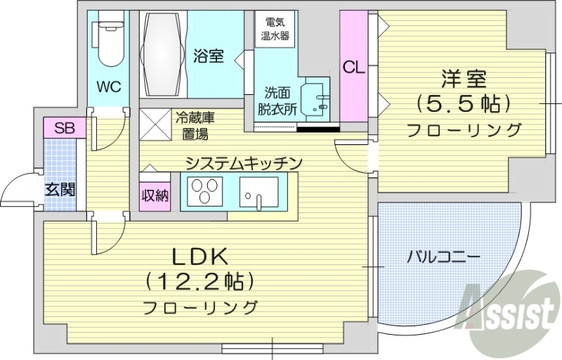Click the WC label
click(x=109, y=87)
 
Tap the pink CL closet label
click(x=353, y=67)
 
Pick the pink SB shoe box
click(x=65, y=128)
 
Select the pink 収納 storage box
click(x=155, y=195)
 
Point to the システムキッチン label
click(x=244, y=162)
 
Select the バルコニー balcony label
click(x=444, y=257)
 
